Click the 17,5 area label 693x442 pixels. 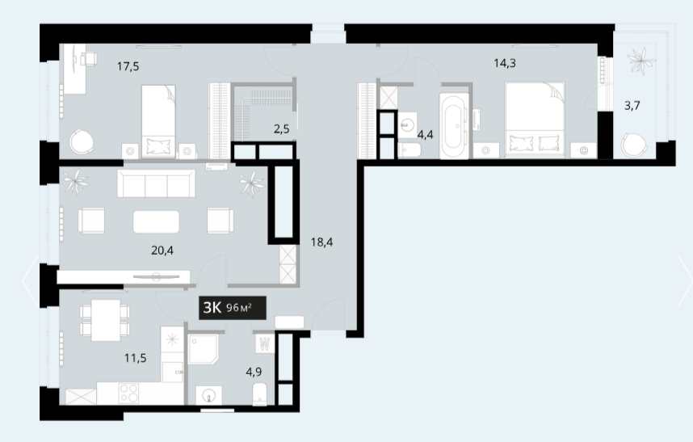coord(128,67)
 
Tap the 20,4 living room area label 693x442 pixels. coord(162,250)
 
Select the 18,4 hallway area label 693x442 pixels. coord(321,242)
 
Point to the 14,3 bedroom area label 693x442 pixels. coord(505,63)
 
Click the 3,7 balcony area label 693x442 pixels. coord(632,106)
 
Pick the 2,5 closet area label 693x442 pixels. coord(282,129)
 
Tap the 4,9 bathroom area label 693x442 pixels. coord(254,372)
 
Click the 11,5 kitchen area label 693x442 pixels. coord(135,358)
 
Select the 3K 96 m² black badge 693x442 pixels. coord(233,308)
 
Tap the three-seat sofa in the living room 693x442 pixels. coord(156,183)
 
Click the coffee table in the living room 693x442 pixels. coord(157,222)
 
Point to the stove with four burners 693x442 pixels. coord(128,393)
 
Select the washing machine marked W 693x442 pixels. coord(265,343)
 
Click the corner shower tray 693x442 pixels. coord(203,349)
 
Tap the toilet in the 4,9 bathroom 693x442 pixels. coord(259,394)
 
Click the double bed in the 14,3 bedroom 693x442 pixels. coord(535,120)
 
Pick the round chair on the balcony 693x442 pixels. coord(634,144)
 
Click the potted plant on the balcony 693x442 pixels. coord(641,61)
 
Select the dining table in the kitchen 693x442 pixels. coord(106,321)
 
